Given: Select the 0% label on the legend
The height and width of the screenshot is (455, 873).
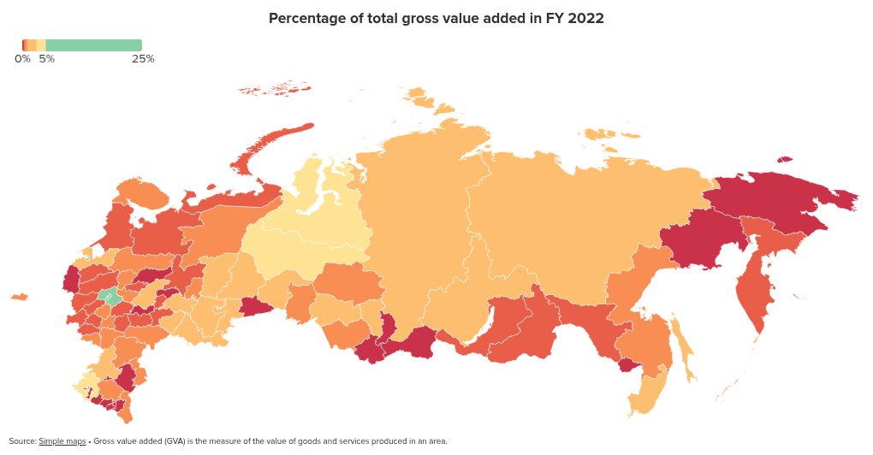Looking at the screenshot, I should tap(22, 59).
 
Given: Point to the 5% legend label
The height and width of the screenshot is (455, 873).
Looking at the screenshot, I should tap(46, 59).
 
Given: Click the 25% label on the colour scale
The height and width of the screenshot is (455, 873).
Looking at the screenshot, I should tap(143, 59).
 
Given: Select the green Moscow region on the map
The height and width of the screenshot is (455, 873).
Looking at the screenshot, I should tap(109, 297).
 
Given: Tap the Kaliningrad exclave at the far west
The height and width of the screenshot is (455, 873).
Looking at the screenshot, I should tap(18, 297).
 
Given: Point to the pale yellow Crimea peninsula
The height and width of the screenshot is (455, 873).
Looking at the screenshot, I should tap(86, 385).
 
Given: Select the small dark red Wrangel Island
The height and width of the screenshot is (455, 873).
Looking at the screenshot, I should tap(785, 159).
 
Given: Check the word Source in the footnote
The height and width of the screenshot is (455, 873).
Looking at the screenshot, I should tap(22, 441).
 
